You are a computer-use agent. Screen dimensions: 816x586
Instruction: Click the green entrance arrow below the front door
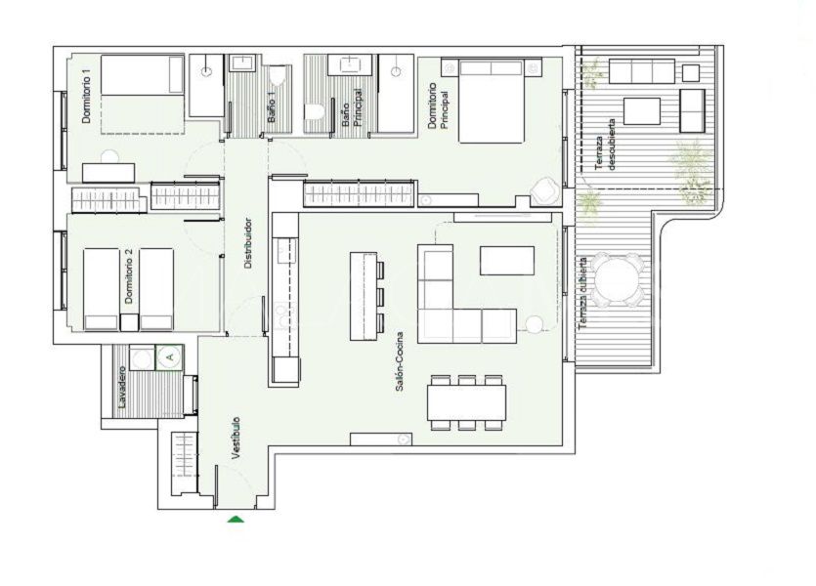coord(236,519)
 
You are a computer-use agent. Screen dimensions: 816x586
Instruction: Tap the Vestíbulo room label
coord(236,438)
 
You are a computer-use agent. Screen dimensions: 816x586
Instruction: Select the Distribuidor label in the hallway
coord(248,243)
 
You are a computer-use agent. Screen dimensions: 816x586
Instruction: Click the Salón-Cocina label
coord(400,362)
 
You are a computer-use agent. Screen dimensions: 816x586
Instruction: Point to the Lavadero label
coord(122,387)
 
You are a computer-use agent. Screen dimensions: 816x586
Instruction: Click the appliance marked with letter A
coord(169,357)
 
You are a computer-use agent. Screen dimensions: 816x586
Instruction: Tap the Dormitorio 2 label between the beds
coord(129,276)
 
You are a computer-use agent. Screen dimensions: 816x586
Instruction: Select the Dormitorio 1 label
coord(87,100)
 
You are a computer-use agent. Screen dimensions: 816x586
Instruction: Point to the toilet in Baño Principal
coord(315,111)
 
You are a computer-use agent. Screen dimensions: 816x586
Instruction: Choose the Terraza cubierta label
coord(582,293)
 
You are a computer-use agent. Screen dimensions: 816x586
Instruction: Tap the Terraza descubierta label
coord(605,146)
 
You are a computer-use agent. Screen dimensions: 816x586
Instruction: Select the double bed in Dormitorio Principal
coord(491,101)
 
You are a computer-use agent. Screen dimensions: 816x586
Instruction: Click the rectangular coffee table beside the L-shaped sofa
coord(507,261)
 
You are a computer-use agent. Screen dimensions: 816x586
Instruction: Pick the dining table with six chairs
coord(467,402)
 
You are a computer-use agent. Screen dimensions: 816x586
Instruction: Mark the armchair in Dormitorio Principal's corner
coord(543,190)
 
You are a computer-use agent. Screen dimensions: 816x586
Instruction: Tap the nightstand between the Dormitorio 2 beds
coord(129,322)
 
